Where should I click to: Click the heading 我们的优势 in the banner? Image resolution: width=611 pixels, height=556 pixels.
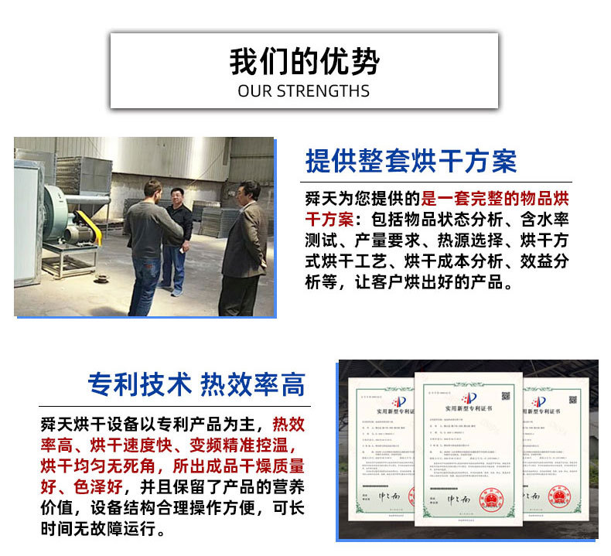click(304, 62)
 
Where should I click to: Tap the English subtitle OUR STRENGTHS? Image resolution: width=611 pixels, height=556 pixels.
click(304, 91)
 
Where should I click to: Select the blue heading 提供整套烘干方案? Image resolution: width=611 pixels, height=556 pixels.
click(411, 161)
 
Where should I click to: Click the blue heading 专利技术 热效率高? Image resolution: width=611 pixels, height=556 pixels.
click(196, 384)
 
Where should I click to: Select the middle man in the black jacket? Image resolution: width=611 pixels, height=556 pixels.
click(177, 237)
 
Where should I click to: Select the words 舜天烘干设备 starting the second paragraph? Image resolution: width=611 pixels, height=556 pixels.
click(87, 425)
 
